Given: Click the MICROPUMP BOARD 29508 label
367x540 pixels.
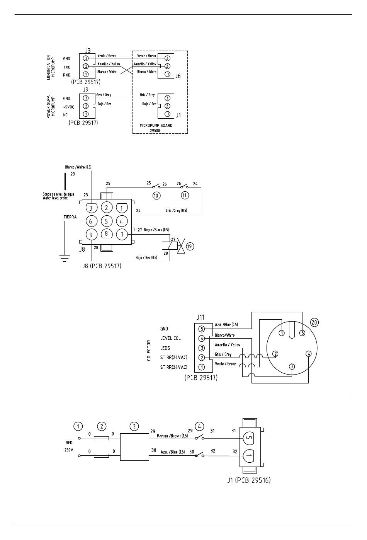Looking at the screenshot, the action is tap(156, 128).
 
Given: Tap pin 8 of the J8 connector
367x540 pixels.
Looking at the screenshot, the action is tap(106, 233).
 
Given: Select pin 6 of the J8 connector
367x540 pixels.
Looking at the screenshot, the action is tap(91, 221).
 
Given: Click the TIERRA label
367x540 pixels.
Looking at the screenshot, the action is tap(70, 217).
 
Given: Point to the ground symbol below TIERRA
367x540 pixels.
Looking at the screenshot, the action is tap(65, 258).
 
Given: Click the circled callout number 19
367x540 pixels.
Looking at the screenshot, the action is tap(190, 246).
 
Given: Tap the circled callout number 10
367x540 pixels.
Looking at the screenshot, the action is tap(156, 196).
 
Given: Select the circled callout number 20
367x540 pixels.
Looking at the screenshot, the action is tap(314, 322).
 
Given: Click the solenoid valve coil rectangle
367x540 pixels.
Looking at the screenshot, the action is tap(170, 246).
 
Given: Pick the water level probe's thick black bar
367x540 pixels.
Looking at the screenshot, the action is tap(65, 181).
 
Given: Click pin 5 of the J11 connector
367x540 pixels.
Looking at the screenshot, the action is tap(202, 329).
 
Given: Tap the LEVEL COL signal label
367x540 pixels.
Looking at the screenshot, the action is tap(170, 338).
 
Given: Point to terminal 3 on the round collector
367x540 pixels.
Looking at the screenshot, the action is tap(292, 367).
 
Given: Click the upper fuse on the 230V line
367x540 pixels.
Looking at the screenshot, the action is tap(101, 438).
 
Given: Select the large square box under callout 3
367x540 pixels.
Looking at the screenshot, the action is tap(134, 447).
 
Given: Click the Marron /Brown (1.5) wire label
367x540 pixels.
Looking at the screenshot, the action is tap(172, 436).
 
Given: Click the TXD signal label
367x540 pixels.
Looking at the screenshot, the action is tap(67, 67).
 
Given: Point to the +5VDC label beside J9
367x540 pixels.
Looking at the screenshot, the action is tap(69, 107).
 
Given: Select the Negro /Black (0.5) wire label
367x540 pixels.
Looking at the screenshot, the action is tap(156, 230).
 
